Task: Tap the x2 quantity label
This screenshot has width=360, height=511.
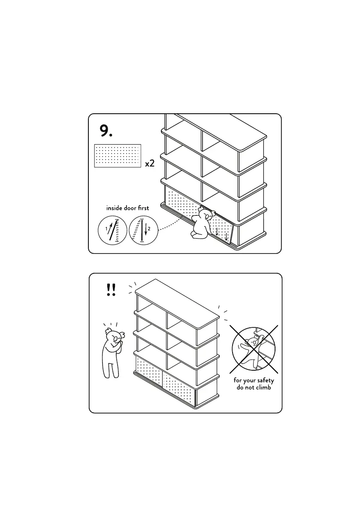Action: click(149, 163)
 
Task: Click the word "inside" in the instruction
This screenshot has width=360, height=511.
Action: click(115, 208)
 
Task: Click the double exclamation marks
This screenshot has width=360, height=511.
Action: click(110, 291)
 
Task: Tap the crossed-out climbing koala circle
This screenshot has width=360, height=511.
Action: click(253, 348)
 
